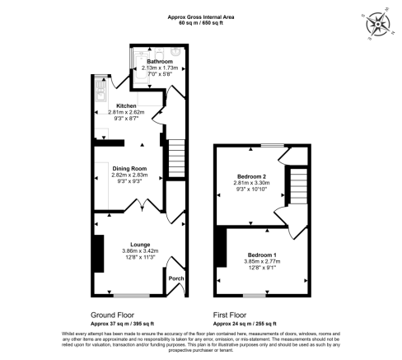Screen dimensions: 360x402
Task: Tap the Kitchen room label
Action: pyautogui.click(x=126, y=105)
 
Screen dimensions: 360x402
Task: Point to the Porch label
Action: pyautogui.click(x=175, y=278)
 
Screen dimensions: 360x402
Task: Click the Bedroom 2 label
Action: pyautogui.click(x=252, y=177)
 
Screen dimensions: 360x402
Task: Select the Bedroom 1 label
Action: pyautogui.click(x=263, y=255)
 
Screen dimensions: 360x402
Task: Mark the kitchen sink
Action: pyautogui.click(x=98, y=94)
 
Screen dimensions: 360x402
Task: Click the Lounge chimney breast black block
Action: pyautogui.click(x=98, y=254)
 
